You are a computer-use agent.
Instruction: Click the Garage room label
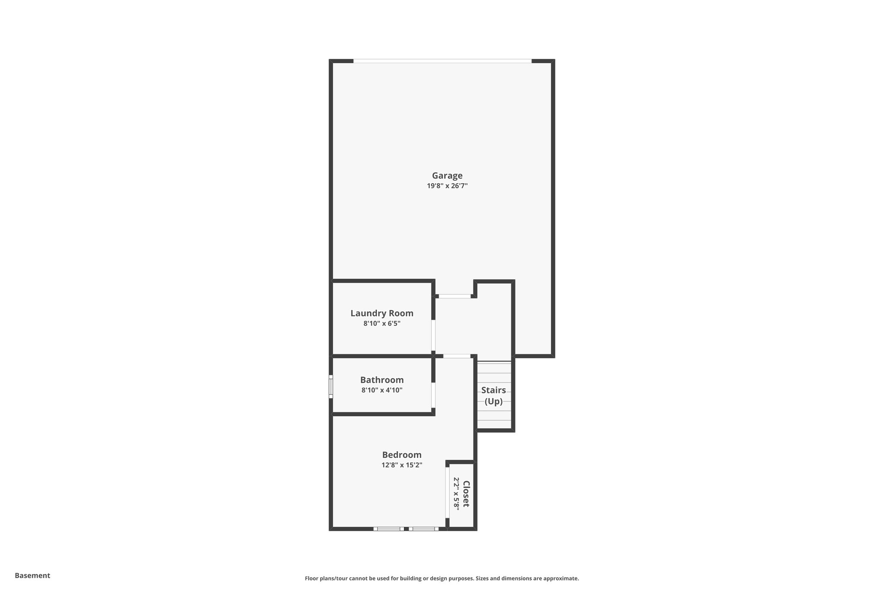447,175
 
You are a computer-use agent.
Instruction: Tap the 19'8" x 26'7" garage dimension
447,186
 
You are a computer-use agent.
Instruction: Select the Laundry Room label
382,313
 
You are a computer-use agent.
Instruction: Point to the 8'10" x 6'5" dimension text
382,323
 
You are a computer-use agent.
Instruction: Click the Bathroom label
382,380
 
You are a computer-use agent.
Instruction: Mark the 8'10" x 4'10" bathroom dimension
382,390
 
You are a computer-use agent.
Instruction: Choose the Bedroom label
401,455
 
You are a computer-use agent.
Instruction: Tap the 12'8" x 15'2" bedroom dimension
401,465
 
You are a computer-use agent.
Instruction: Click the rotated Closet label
466,494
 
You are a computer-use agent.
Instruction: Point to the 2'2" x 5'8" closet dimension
456,494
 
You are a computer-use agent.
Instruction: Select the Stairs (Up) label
493,395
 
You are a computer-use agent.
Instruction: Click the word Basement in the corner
32,575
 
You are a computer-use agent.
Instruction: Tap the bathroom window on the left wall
331,386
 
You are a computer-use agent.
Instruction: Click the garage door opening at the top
442,61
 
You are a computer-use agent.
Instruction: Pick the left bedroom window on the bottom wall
388,529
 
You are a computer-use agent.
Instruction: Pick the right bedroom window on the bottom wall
423,529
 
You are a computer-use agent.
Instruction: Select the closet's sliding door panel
448,492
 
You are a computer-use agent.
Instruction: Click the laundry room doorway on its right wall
433,335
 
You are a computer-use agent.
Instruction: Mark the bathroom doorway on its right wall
433,395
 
